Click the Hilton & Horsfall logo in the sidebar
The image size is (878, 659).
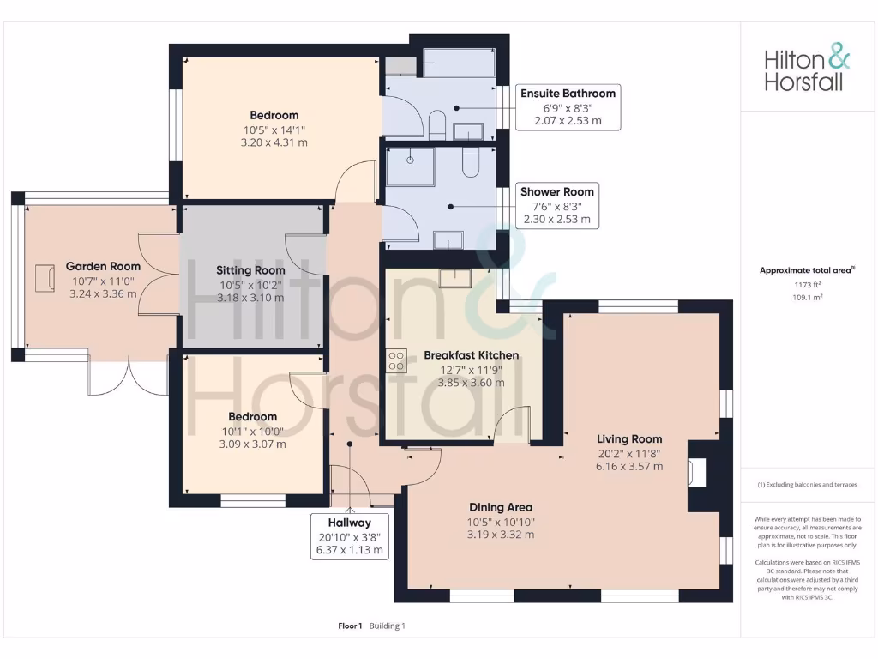[807, 70]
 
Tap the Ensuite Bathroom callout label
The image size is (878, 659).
[568, 106]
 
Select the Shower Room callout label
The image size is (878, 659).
[556, 205]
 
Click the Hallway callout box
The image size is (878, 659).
[349, 536]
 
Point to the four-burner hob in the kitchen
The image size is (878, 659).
[397, 360]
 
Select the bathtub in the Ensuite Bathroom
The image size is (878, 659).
[458, 63]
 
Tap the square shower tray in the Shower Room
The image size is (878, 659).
[410, 166]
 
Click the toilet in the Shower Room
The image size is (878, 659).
[471, 161]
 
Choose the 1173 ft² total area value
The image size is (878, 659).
[807, 285]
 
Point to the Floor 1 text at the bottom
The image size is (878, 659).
[350, 626]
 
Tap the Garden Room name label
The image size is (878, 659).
[103, 266]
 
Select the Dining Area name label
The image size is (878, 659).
[501, 507]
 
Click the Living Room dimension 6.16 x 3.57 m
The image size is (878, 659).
[629, 466]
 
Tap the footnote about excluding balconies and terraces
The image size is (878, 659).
[807, 485]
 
